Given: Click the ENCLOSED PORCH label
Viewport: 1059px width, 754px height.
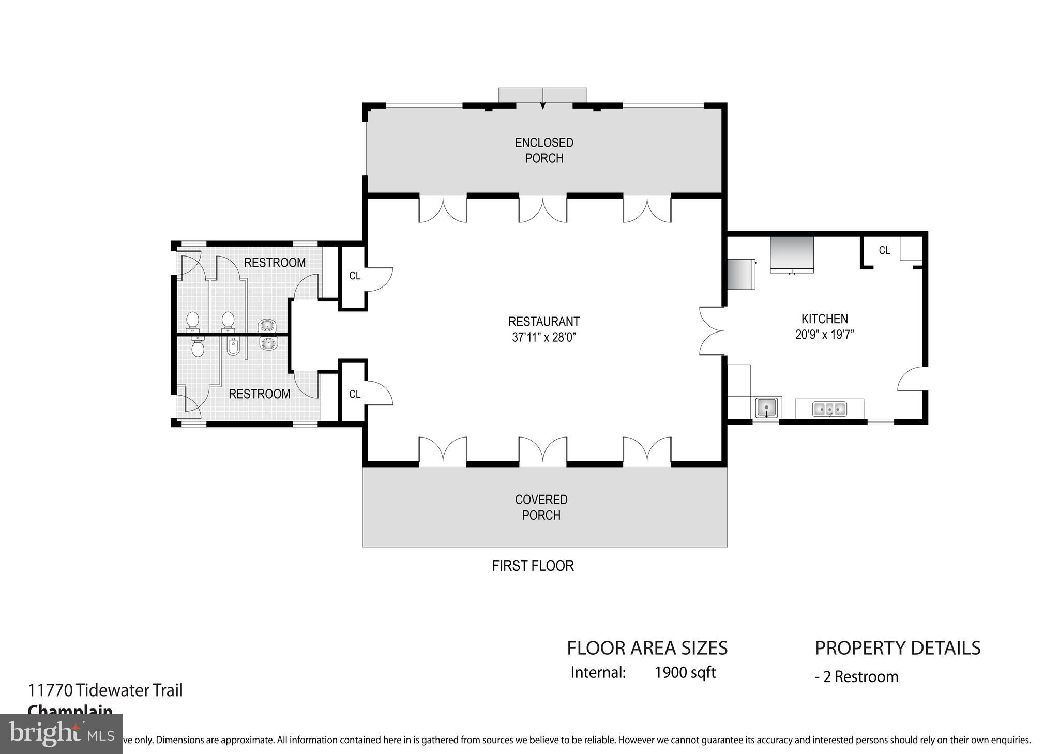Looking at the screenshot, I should (544, 150).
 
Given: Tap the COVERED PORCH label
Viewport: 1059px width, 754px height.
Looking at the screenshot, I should (541, 507).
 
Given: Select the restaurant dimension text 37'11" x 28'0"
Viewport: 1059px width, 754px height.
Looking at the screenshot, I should (544, 338).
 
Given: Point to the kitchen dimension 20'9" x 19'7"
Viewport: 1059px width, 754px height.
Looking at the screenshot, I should (824, 335).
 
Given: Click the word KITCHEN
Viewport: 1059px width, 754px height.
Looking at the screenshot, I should (824, 319).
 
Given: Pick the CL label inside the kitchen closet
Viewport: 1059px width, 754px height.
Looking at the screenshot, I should (884, 250).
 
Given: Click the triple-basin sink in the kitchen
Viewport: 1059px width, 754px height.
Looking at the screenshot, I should (829, 409).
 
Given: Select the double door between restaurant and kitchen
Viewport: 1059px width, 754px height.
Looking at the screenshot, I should (711, 331).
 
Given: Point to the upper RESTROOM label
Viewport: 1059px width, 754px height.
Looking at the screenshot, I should (275, 263).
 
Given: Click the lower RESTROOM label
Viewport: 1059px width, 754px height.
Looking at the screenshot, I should (259, 394).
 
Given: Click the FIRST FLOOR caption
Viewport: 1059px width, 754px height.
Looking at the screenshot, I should (533, 566).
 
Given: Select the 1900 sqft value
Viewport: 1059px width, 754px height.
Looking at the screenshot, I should (685, 672).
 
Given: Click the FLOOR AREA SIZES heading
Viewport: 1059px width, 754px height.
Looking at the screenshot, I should (647, 648).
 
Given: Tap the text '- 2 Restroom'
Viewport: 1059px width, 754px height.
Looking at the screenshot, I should (856, 676).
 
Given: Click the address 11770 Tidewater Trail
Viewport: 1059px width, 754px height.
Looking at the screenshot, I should (105, 690).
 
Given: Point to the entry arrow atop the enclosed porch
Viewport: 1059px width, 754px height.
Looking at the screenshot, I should (542, 105).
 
